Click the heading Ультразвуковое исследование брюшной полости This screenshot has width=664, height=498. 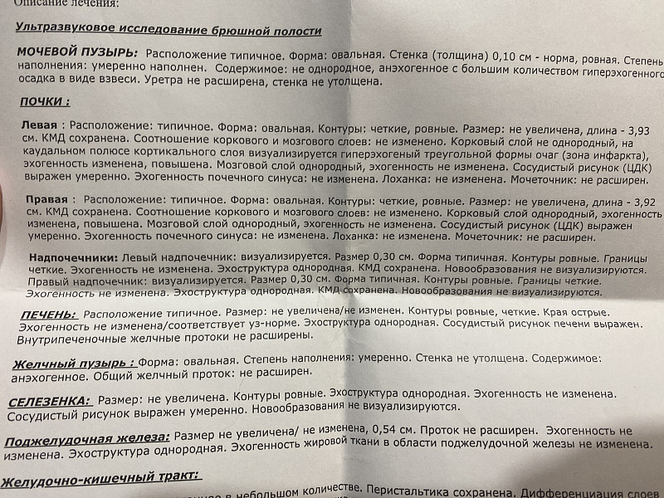[x=168, y=29]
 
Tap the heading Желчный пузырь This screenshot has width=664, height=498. [x=73, y=363]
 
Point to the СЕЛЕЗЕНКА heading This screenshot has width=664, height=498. [x=48, y=401]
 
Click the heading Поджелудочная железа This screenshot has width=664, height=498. [x=86, y=437]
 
